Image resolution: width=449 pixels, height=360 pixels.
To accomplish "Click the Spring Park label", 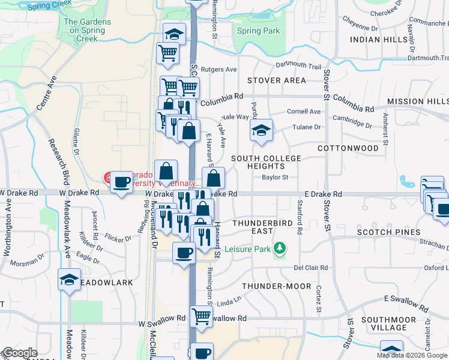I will [x=258, y=31].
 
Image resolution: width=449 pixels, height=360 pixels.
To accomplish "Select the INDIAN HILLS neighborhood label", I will [x=378, y=40].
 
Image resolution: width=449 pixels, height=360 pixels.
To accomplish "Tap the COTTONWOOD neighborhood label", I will [x=348, y=148].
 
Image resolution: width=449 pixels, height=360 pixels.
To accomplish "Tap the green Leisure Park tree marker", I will [x=279, y=247].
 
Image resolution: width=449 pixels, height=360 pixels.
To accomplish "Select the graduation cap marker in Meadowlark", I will [x=70, y=279].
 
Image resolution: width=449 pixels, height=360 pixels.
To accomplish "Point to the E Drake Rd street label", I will [x=323, y=194].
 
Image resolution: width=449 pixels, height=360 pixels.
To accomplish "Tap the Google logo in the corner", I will [x=20, y=353].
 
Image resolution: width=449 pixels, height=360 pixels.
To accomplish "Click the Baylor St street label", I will [x=276, y=178].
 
